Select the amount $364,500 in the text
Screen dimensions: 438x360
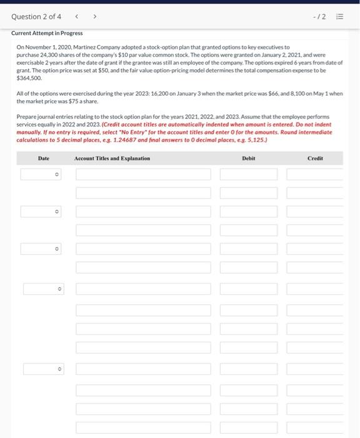(29, 79)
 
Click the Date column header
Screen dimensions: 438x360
(43, 159)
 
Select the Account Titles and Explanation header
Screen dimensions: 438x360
(112, 159)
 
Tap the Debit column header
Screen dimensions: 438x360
(248, 159)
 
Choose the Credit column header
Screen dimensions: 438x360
(315, 159)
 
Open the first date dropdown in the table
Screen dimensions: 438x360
(43, 175)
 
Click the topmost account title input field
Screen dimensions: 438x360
(144, 175)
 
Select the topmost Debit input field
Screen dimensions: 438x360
(248, 175)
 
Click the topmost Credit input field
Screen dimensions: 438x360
(315, 175)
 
